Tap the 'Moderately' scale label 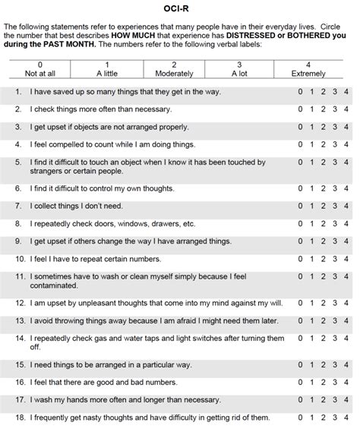[x=174, y=74]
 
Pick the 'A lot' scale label [x=239, y=74]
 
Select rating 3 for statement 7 [x=335, y=206]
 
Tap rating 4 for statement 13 [x=346, y=320]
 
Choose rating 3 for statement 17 [x=335, y=399]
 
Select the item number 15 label [x=20, y=364]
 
